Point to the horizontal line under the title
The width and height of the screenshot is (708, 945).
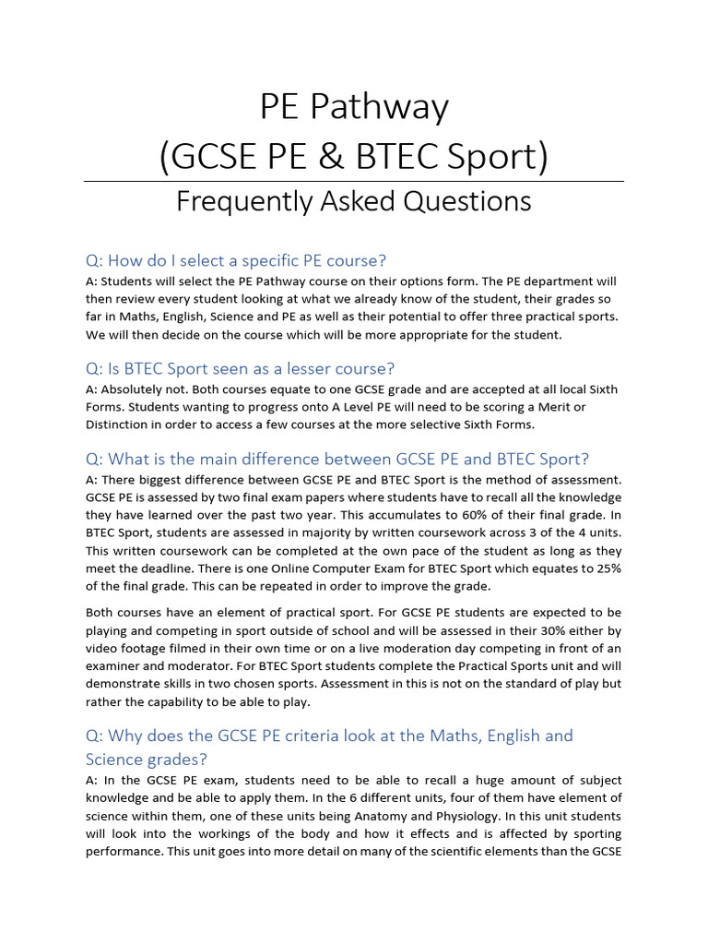[354, 181]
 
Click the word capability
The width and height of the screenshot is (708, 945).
[182, 701]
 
